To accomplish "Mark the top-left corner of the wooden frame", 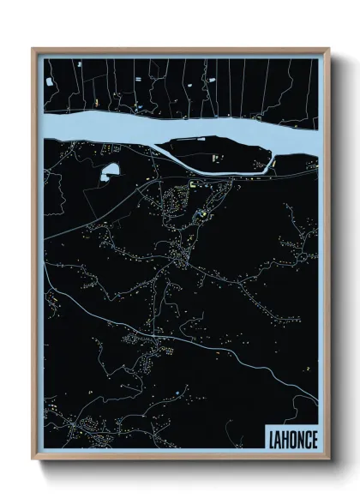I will (x=33, y=49).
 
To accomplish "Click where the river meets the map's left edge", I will (x=44, y=127).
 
